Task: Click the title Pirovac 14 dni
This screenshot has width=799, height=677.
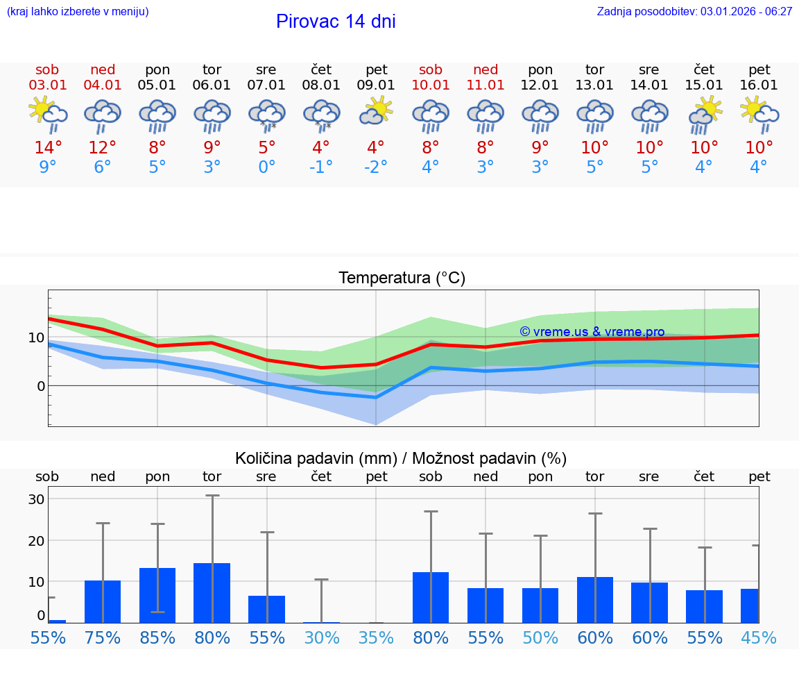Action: (x=336, y=22)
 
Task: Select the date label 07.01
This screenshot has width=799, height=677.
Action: (x=266, y=85)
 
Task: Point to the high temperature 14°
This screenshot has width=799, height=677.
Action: (x=48, y=148)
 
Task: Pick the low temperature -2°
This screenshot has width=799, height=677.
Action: (x=376, y=167)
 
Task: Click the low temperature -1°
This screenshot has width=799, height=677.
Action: (x=321, y=167)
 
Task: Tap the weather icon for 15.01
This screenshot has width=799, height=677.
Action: (x=705, y=114)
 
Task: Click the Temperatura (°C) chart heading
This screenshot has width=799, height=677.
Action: (x=402, y=278)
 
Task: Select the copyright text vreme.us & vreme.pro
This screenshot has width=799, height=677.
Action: (x=592, y=332)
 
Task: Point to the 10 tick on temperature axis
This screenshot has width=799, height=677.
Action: (x=36, y=338)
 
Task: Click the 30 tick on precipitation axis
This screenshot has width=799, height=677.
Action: (x=36, y=499)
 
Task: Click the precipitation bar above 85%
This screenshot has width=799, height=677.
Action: (x=157, y=595)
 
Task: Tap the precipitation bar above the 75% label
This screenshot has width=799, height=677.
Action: (x=103, y=601)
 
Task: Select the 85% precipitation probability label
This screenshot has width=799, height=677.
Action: (x=157, y=637)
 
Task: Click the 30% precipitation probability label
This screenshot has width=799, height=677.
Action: (x=321, y=637)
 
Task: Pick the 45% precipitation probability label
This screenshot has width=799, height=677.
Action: (x=759, y=637)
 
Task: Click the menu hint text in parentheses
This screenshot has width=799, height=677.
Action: (x=78, y=11)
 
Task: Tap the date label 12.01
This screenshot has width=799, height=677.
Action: (x=540, y=85)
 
